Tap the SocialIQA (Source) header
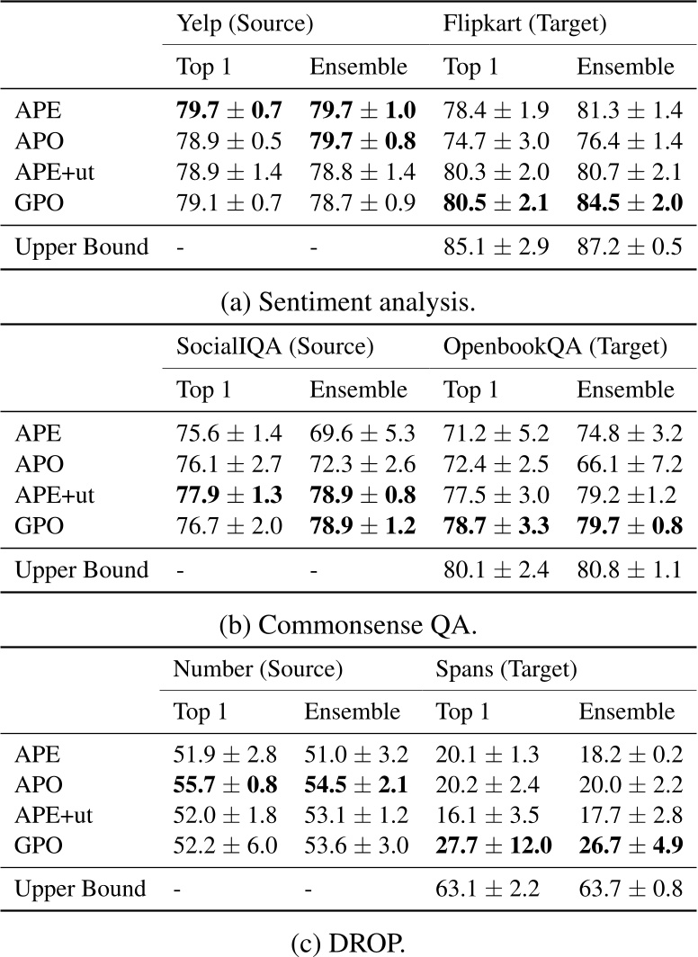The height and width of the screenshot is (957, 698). tap(273, 345)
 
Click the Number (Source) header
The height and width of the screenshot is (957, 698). tap(258, 668)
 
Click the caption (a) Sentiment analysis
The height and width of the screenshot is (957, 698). tap(348, 302)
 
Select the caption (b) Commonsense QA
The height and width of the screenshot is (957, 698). tap(348, 625)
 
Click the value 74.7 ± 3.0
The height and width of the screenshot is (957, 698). tap(496, 142)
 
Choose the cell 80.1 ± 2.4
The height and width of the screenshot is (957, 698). tap(496, 569)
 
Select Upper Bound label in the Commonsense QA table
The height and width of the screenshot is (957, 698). tap(82, 569)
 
